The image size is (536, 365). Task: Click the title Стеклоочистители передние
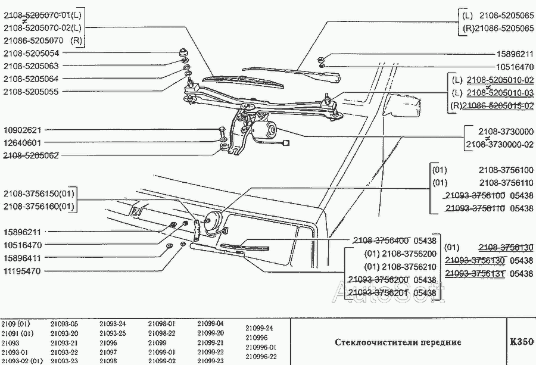[397, 343]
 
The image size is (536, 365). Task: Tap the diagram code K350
[522, 343]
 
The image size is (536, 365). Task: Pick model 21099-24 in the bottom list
[259, 328]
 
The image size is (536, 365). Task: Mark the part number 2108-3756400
[381, 241]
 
